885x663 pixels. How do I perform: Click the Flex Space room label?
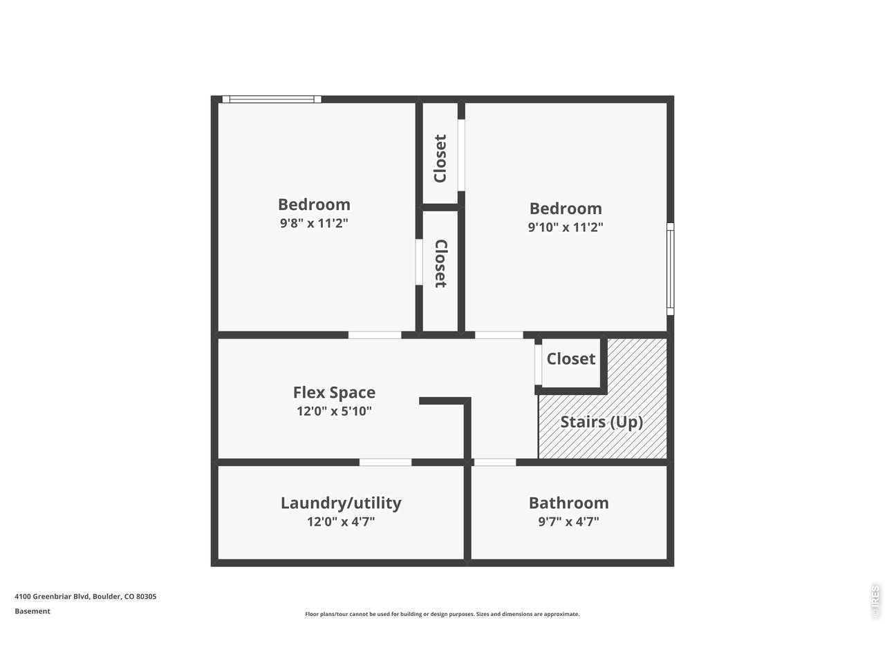tap(334, 392)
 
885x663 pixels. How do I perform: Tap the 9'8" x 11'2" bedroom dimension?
tap(314, 223)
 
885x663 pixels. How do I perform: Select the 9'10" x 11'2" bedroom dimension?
tap(566, 227)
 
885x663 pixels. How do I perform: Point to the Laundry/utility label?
tap(341, 503)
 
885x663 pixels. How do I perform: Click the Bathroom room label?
tap(568, 503)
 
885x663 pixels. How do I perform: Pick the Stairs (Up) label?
tap(602, 422)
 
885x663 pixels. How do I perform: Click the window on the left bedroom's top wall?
tap(272, 99)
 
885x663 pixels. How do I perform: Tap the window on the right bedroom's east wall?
tap(670, 269)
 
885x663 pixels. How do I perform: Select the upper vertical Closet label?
tap(440, 159)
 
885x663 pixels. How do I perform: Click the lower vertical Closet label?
tap(440, 263)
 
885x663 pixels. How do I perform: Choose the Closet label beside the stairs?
tap(570, 358)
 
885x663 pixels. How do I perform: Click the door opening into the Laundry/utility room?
tap(385, 462)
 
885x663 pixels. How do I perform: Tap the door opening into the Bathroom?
tap(494, 462)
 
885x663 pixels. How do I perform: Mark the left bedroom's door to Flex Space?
tap(374, 335)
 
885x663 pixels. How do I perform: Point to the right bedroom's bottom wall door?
tap(499, 335)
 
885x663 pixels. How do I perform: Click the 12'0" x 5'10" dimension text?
tap(334, 411)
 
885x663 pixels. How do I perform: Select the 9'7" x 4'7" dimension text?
tap(568, 521)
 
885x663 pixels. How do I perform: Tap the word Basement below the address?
tap(32, 611)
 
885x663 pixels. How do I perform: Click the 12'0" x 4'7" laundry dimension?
tap(341, 521)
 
